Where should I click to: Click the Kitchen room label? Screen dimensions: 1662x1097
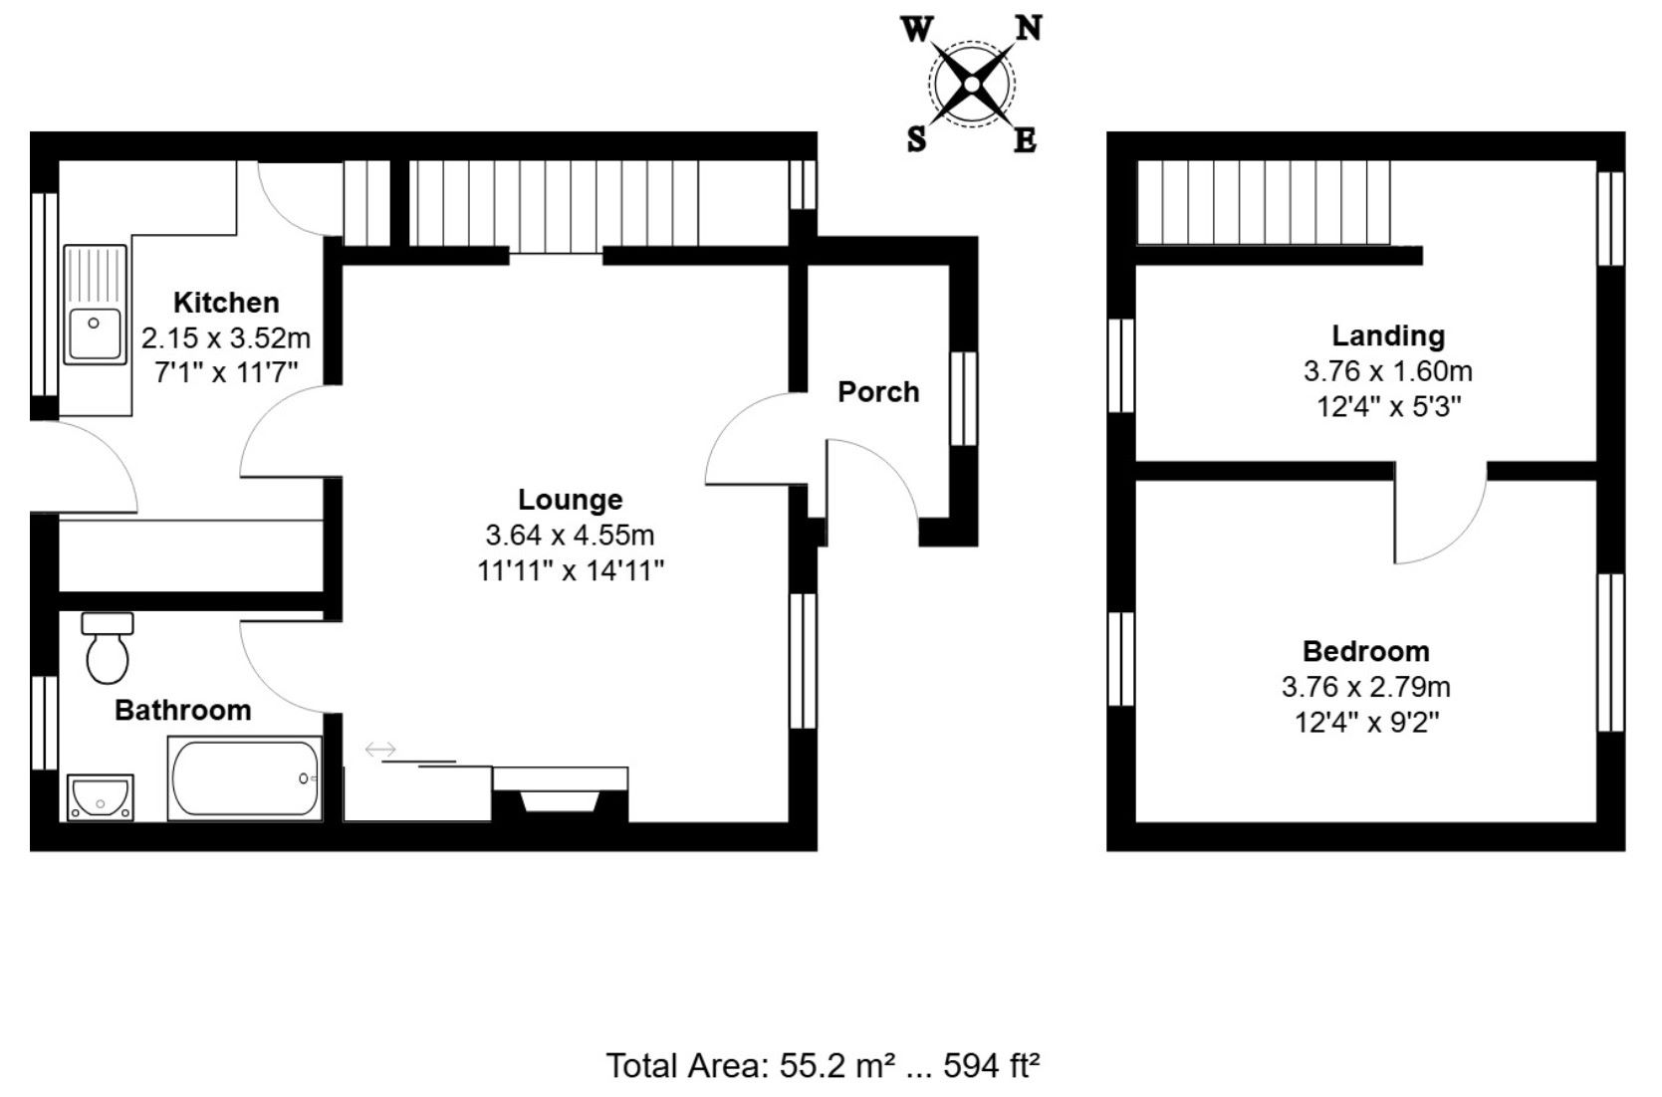[226, 303]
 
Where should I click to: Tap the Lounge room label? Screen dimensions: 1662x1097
[570, 500]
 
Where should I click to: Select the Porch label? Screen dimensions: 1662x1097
[878, 391]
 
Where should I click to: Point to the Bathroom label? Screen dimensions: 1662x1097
[182, 711]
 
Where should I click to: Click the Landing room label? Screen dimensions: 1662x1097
[1388, 336]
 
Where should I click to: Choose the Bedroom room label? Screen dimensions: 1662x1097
[1366, 651]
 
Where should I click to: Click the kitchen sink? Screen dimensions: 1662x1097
[95, 305]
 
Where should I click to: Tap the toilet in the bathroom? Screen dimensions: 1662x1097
[108, 647]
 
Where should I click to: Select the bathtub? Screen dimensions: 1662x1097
[245, 778]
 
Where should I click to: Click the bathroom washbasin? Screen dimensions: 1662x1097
[101, 798]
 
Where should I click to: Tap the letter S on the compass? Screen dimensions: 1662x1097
[917, 138]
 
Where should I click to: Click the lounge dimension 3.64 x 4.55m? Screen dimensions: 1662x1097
[570, 535]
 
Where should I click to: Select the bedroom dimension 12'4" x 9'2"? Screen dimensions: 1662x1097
[1366, 723]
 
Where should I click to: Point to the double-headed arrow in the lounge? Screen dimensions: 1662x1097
[380, 750]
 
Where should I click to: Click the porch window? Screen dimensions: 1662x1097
[964, 398]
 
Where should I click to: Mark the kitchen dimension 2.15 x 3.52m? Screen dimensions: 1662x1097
[226, 338]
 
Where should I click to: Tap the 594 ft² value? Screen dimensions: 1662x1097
[991, 1066]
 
